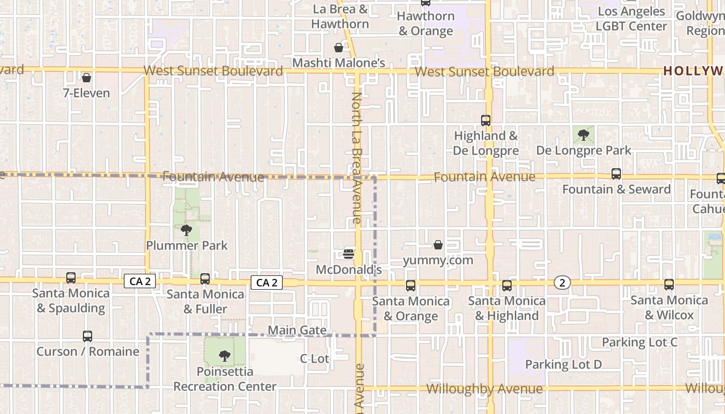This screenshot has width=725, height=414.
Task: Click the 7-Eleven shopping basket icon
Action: point(86,78)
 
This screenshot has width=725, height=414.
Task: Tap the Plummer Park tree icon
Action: point(186,230)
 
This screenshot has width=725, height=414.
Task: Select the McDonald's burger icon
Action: point(349,254)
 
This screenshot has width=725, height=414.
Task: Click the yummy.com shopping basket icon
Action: point(438,245)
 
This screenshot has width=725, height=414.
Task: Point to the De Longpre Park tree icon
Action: point(584,135)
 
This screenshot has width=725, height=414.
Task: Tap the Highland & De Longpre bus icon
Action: point(486,121)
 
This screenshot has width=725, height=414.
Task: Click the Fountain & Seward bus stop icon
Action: point(616,174)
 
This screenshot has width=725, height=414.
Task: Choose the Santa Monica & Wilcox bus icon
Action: point(669,285)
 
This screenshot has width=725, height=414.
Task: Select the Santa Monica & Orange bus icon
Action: point(411,285)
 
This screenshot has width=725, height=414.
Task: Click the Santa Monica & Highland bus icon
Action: point(507,285)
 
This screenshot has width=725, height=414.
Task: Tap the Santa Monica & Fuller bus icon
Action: point(205,279)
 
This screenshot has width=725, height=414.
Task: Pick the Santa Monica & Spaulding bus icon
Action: point(71,278)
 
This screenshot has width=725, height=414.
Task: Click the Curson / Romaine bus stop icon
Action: point(88,336)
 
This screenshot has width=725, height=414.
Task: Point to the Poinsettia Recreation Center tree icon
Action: point(225,356)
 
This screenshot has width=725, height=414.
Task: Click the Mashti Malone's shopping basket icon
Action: point(339,48)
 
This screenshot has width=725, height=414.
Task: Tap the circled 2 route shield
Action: point(562,282)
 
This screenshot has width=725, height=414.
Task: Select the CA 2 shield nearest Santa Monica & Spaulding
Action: point(140,282)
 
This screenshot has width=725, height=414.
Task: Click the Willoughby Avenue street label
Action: point(485,389)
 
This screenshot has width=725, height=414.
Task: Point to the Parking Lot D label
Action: point(563,364)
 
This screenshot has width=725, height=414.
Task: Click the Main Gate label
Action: point(297,330)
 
